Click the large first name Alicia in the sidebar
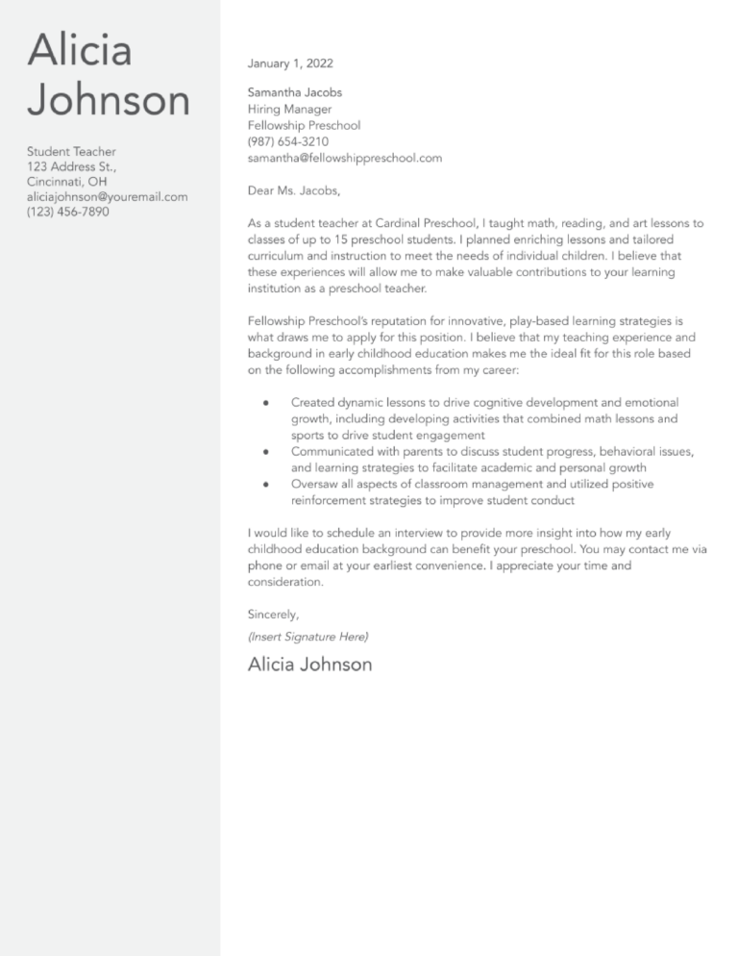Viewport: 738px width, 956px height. (80, 50)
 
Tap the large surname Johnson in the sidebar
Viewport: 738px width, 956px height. (109, 100)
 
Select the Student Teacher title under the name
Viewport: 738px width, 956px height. (71, 152)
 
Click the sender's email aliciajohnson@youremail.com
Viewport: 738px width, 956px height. (107, 196)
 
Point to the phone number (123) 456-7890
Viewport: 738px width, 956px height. (67, 212)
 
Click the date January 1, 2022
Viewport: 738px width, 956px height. (290, 63)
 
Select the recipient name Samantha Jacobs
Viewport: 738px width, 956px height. (294, 93)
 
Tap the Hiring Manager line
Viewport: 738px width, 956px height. (289, 110)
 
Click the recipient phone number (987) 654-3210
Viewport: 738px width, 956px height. (288, 141)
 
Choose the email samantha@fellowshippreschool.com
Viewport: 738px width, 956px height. (344, 158)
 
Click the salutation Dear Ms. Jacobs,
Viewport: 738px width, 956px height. (293, 190)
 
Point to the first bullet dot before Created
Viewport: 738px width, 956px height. (265, 403)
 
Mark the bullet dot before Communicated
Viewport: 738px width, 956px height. (265, 451)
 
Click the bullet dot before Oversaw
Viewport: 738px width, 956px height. (265, 484)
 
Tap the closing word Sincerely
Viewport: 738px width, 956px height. (273, 614)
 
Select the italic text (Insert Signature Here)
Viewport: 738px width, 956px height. (307, 637)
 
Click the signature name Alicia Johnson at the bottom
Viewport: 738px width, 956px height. (309, 665)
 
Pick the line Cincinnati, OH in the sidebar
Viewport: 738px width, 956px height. (67, 182)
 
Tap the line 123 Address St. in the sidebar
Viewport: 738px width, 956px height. (71, 166)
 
